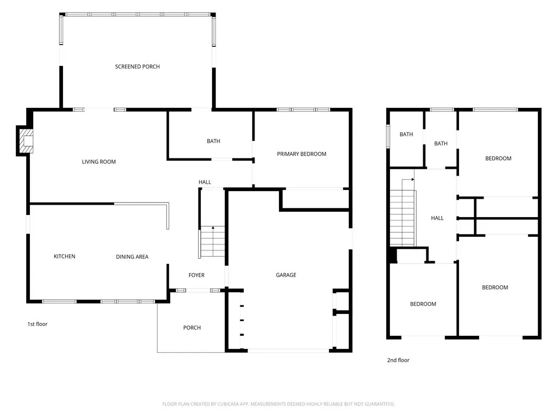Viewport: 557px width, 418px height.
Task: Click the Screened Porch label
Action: click(x=137, y=66)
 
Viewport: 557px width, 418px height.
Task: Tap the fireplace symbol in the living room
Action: click(x=26, y=141)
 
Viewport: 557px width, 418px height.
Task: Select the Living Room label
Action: click(x=99, y=162)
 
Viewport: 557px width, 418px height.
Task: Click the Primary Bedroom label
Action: click(x=301, y=154)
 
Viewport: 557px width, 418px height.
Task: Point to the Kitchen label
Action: click(x=64, y=256)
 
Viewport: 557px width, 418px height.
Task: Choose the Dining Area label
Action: click(x=132, y=257)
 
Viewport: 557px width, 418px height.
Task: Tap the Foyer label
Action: click(x=196, y=275)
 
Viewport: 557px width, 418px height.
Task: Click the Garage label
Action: click(x=286, y=275)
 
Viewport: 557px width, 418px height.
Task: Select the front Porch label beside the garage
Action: click(x=192, y=328)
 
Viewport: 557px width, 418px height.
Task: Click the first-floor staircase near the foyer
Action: click(x=213, y=242)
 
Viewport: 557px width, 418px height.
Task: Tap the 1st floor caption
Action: click(x=38, y=324)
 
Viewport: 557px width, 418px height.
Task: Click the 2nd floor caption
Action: click(x=398, y=360)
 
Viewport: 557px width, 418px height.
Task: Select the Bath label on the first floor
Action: click(x=213, y=141)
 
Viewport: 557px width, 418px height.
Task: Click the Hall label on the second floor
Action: click(x=437, y=218)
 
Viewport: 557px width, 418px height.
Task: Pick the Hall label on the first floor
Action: click(x=205, y=182)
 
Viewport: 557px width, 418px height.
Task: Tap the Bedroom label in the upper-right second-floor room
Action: click(x=498, y=158)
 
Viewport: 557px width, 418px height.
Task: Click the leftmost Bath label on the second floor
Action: click(x=406, y=134)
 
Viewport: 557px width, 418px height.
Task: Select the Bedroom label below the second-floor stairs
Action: click(x=423, y=304)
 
